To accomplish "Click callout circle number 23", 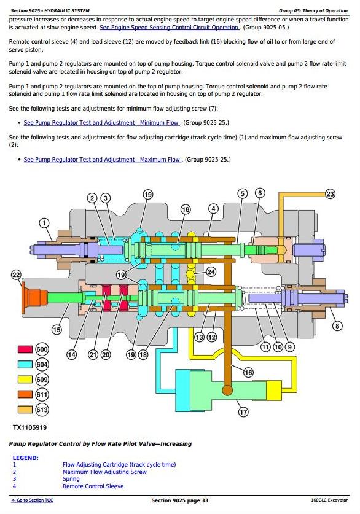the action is pyautogui.click(x=330, y=194).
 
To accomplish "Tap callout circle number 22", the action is pyautogui.click(x=16, y=275).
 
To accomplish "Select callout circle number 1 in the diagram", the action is pyautogui.click(x=44, y=224).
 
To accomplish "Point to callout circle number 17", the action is pyautogui.click(x=243, y=411).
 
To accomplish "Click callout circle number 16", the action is pyautogui.click(x=248, y=372).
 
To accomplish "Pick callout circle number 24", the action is pyautogui.click(x=211, y=272).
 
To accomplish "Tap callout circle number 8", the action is pyautogui.click(x=337, y=326).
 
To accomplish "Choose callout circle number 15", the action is pyautogui.click(x=57, y=329).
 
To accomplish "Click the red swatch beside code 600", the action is pyautogui.click(x=25, y=349).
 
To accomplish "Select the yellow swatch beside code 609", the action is pyautogui.click(x=25, y=380).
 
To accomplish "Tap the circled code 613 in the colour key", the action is pyautogui.click(x=42, y=410).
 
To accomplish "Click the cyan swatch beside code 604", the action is pyautogui.click(x=25, y=365).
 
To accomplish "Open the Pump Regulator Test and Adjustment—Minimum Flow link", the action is pyautogui.click(x=101, y=123).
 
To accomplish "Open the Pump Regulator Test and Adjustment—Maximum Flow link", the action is pyautogui.click(x=103, y=159).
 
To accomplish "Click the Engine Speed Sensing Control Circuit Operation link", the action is pyautogui.click(x=169, y=28).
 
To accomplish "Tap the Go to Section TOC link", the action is pyautogui.click(x=32, y=500).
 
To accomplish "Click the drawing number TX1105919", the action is pyautogui.click(x=30, y=427).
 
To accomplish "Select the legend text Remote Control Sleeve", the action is pyautogui.click(x=93, y=486).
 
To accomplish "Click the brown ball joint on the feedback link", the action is pyautogui.click(x=227, y=391).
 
